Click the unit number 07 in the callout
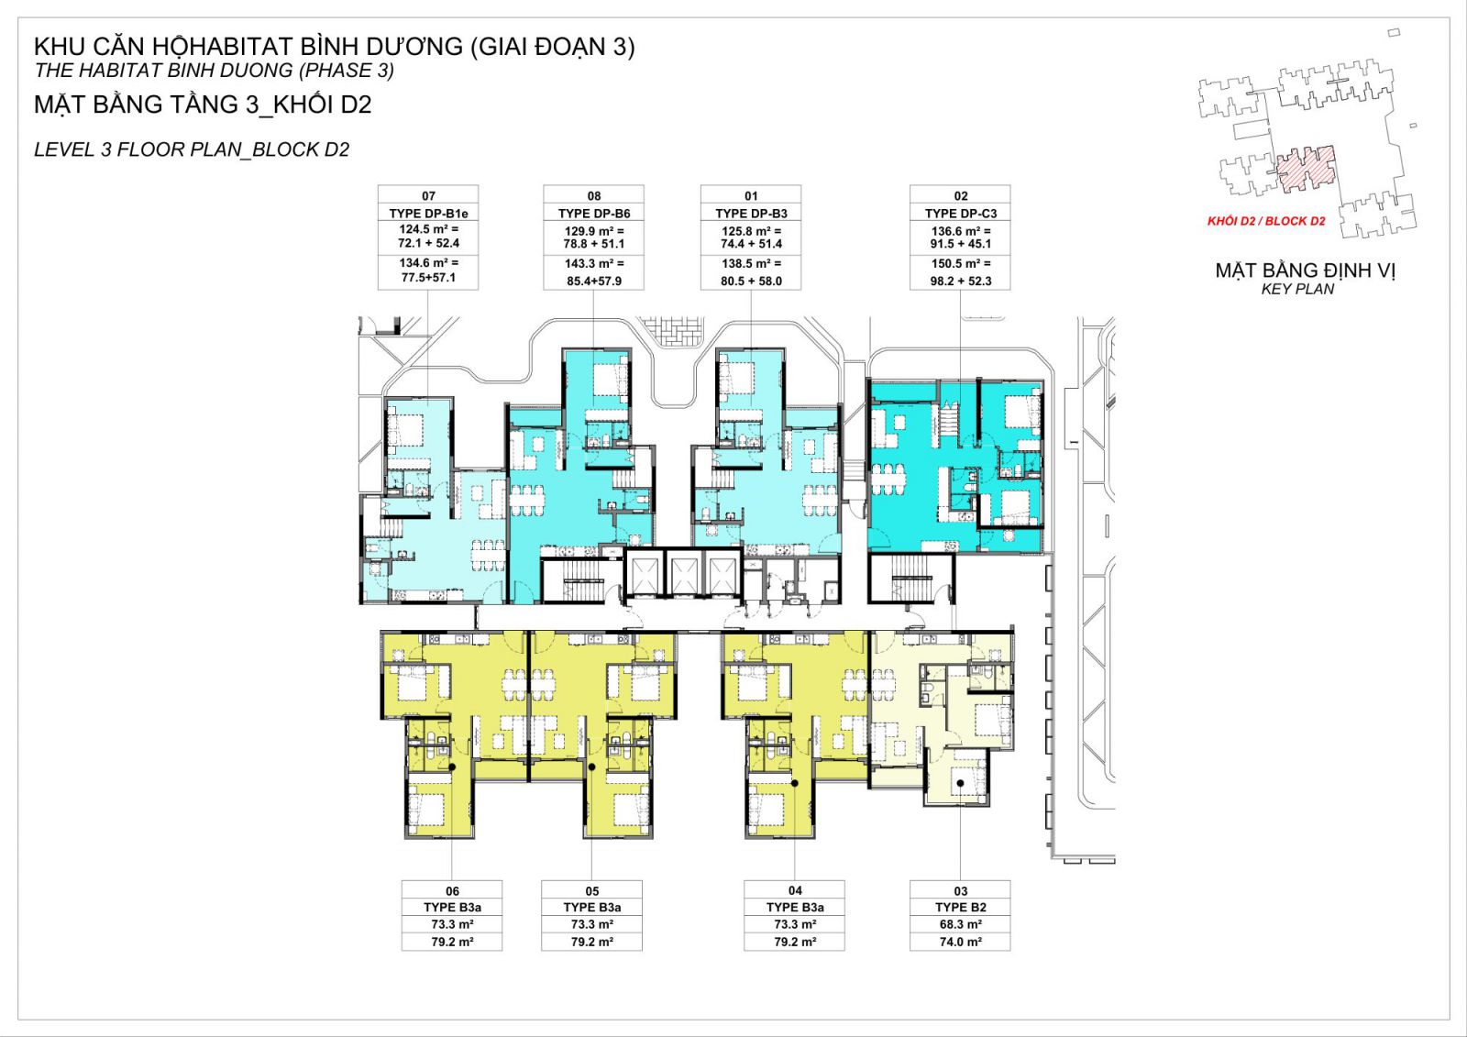coord(428,196)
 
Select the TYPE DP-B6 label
coord(594,214)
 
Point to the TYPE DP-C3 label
coord(961,214)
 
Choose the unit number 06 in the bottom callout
coord(453,891)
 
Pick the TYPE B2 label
coord(961,908)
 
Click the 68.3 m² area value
coord(961,924)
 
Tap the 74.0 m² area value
coord(961,942)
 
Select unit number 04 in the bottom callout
coord(795,890)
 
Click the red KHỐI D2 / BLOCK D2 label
coord(1266,221)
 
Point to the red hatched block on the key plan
coord(1307,169)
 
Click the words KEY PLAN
coord(1297,289)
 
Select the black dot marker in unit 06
coord(452,767)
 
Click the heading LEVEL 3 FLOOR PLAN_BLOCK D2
coord(192,150)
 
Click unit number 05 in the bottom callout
coord(592,891)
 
